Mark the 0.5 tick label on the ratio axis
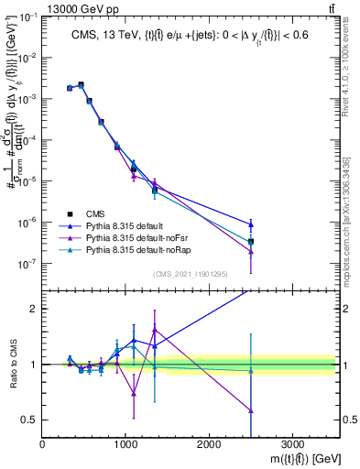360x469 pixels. coord(28,420)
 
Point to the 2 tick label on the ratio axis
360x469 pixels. coord(33,309)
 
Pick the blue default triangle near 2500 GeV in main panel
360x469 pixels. coord(251,224)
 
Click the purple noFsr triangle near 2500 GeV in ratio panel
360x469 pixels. coord(251,410)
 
